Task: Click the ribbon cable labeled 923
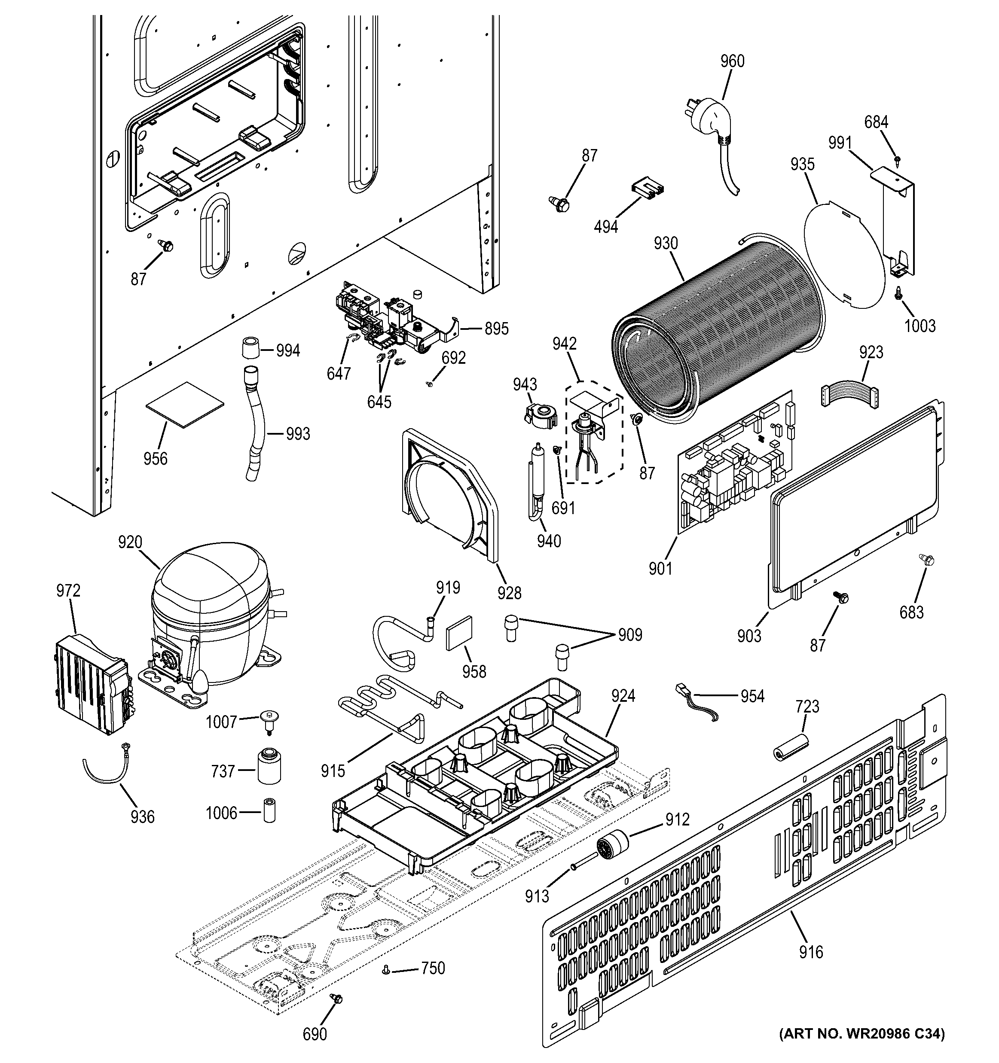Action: [849, 399]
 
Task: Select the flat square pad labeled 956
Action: [184, 405]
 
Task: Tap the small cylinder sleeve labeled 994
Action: [249, 349]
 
